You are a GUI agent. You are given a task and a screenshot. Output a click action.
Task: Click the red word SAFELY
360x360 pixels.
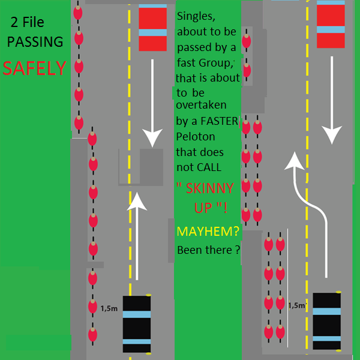(34, 68)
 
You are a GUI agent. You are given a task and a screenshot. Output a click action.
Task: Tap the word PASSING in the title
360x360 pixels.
(35, 41)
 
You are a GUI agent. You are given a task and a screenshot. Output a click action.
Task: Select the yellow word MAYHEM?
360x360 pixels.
(208, 231)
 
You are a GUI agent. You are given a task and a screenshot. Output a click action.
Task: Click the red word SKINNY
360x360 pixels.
(210, 188)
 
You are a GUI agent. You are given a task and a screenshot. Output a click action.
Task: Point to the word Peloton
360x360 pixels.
(196, 137)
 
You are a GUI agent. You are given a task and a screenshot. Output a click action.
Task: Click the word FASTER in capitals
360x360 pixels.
(220, 121)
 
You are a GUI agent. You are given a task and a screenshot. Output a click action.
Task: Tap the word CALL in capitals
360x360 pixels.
(210, 167)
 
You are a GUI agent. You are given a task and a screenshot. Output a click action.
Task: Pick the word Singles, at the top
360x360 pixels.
(196, 16)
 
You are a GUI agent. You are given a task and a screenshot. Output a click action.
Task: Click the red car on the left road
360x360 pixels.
(152, 28)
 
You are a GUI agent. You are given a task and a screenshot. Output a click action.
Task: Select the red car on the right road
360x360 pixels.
(331, 24)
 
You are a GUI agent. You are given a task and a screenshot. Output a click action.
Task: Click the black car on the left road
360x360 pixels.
(137, 324)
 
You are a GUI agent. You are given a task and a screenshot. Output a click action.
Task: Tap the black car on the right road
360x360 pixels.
(327, 321)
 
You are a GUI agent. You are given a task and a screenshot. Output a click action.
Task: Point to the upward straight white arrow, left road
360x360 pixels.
(137, 236)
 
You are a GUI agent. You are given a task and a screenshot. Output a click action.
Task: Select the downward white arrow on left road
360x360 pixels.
(152, 103)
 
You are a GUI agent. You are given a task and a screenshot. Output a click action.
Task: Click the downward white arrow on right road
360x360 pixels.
(332, 100)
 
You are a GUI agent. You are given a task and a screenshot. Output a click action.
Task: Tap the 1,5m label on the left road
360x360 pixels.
(109, 308)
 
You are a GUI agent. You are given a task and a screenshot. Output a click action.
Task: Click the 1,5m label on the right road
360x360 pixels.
(298, 305)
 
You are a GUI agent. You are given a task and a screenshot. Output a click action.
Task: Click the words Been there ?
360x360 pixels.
(209, 250)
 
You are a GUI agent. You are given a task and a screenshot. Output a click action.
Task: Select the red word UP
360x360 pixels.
(203, 208)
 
